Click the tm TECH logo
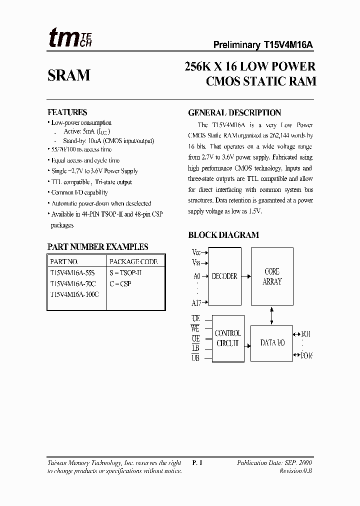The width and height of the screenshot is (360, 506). [70, 38]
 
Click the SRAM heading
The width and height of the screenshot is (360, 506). [69, 75]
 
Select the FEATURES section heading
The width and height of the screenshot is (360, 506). [67, 112]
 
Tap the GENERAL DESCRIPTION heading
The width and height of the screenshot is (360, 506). [234, 113]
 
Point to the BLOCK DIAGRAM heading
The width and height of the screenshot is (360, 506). [223, 235]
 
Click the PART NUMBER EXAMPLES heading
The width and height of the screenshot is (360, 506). [97, 247]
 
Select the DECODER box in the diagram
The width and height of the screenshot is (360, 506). [224, 276]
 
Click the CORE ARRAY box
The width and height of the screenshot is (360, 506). [272, 276]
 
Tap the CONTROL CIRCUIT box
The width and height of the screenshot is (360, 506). [228, 338]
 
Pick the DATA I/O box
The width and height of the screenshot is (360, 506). [272, 342]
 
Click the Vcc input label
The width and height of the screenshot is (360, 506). [196, 252]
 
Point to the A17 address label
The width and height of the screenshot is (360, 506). [196, 302]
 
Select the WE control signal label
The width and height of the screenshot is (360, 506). [195, 328]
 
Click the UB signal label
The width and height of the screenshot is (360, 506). [195, 357]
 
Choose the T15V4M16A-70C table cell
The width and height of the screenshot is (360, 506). [72, 283]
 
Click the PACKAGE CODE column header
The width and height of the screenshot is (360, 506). [133, 261]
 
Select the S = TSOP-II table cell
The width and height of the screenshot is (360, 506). [125, 273]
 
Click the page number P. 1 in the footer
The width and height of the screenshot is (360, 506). [197, 463]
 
